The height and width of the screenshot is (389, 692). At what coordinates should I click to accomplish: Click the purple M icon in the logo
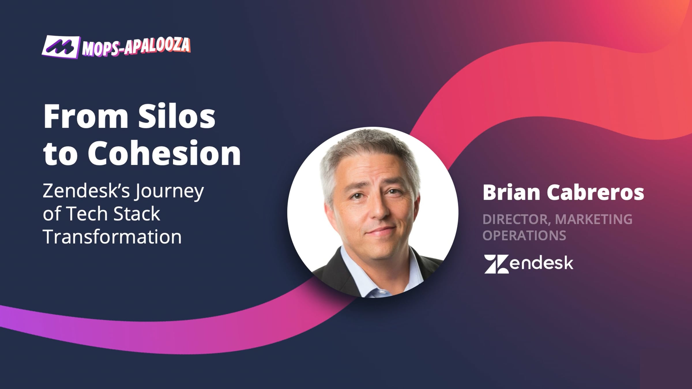click(60, 47)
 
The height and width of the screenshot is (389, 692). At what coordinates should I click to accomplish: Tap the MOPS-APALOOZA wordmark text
click(136, 46)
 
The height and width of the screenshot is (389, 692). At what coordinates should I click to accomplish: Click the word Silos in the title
click(176, 116)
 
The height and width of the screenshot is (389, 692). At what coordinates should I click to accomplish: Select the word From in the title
click(86, 116)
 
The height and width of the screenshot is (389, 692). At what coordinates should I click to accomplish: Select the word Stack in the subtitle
click(137, 214)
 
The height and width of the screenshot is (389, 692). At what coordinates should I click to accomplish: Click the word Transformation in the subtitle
click(112, 237)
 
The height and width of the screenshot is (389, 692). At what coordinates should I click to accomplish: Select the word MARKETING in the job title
click(594, 219)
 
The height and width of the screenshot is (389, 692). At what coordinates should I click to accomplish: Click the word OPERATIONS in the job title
click(524, 235)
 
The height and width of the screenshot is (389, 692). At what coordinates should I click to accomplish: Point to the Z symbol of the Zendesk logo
click(497, 264)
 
